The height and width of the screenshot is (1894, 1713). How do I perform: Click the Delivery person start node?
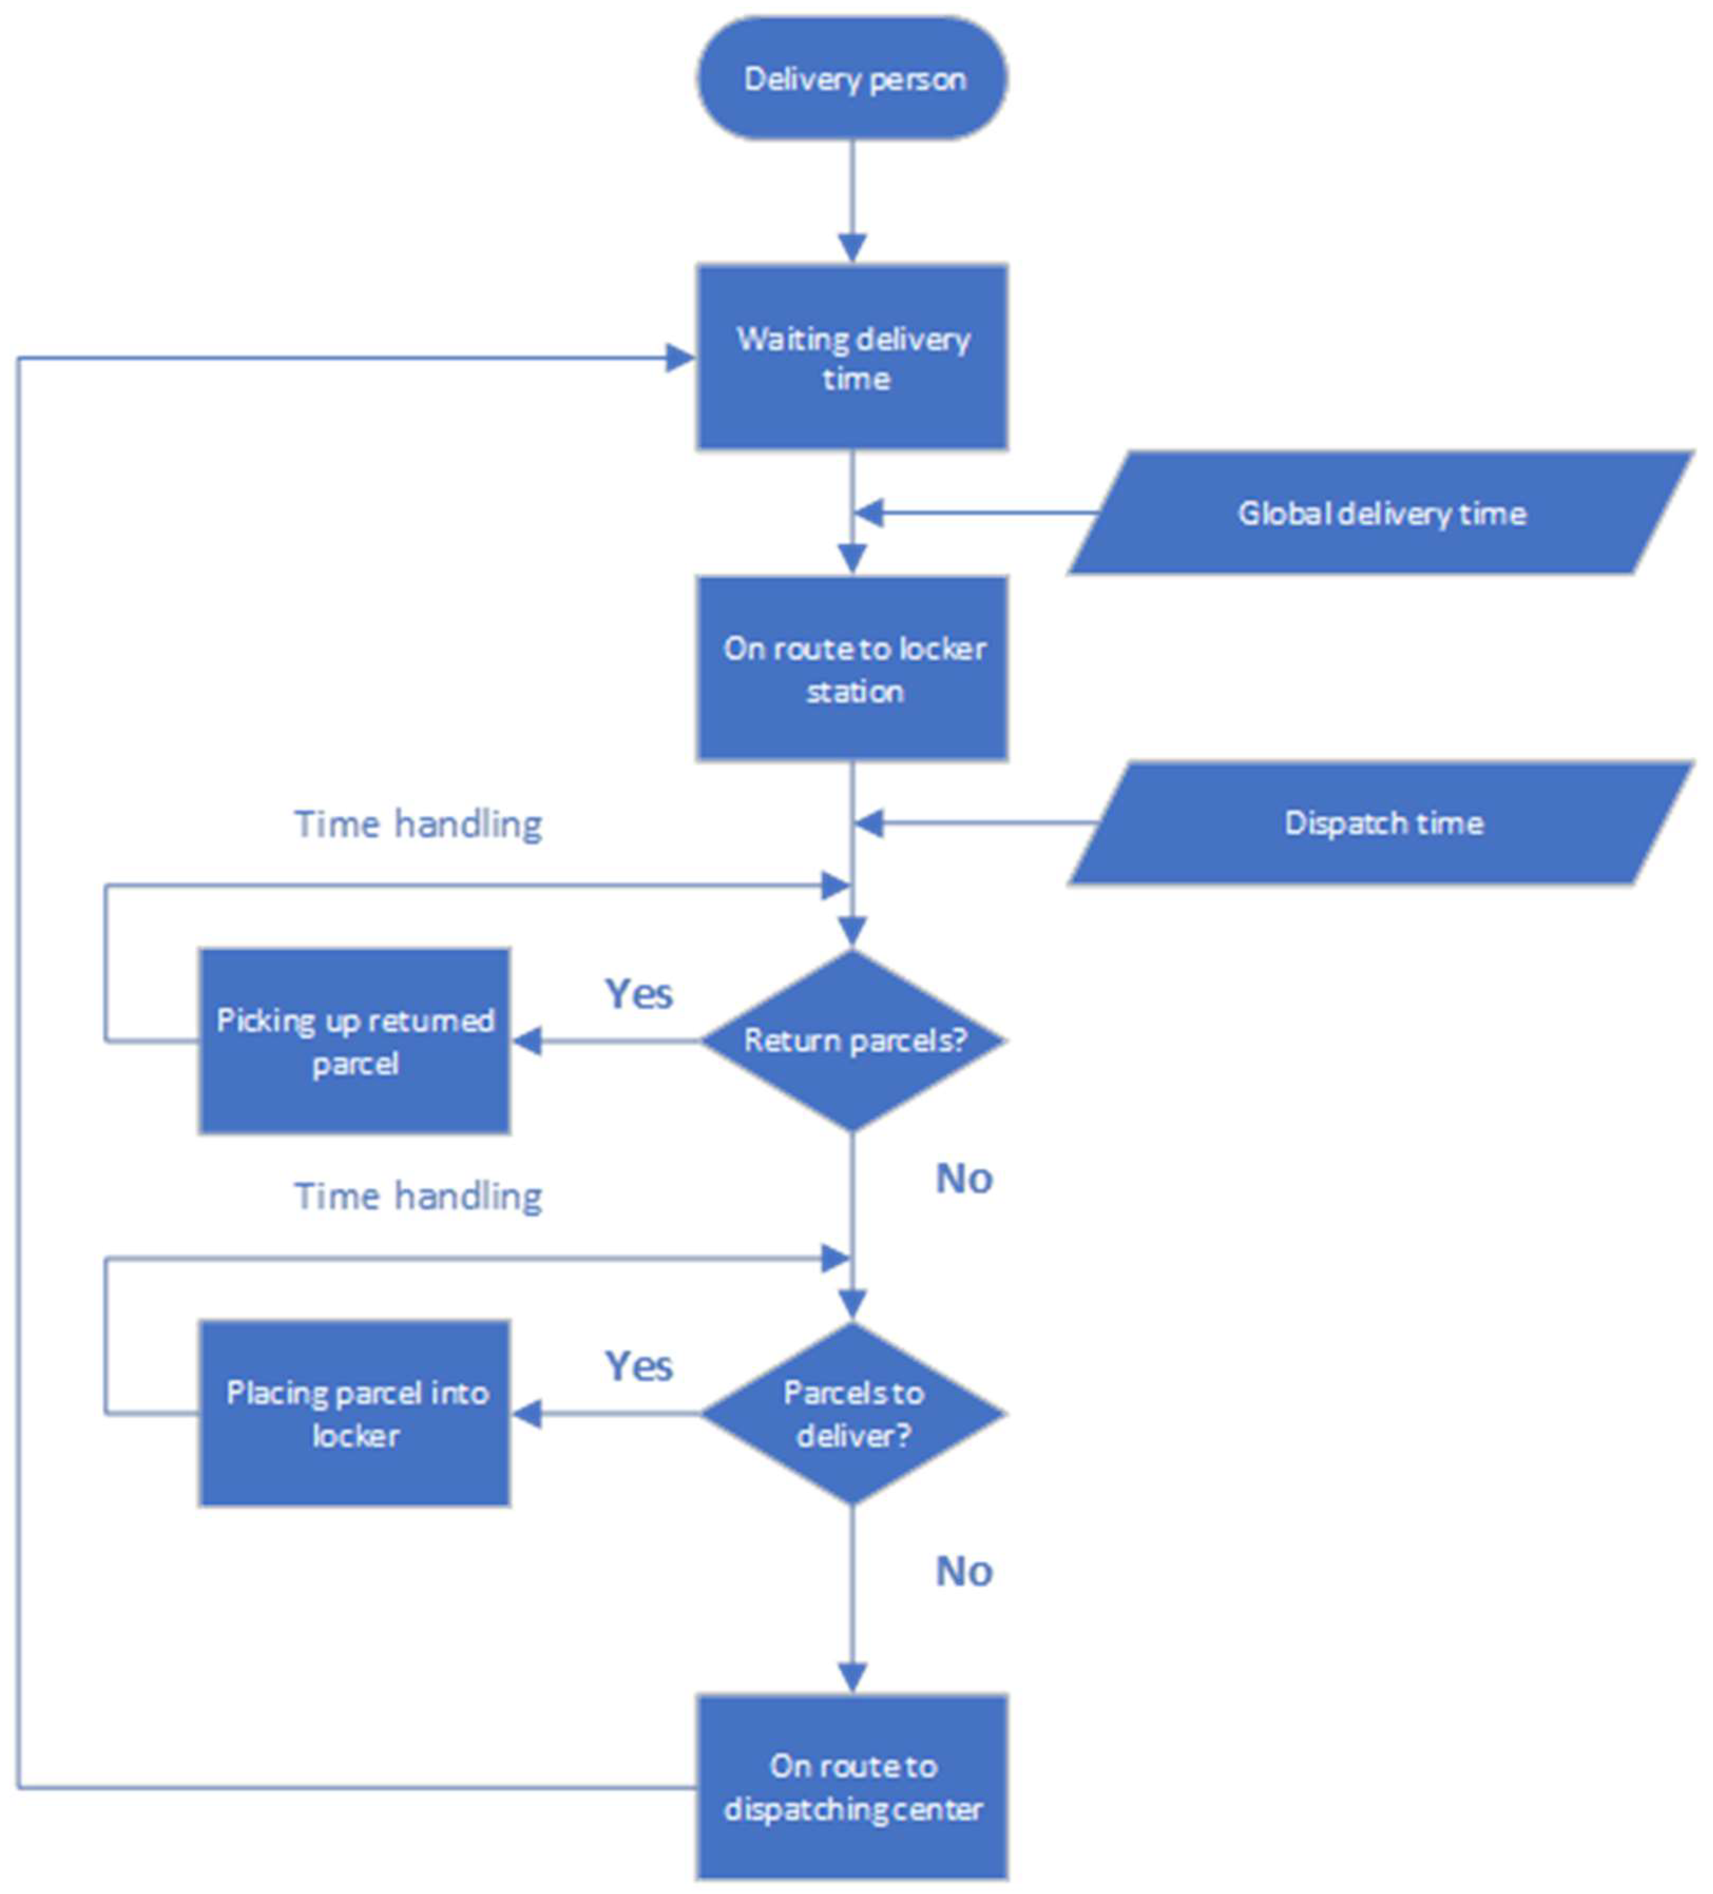(x=851, y=78)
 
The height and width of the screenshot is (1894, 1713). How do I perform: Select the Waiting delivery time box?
(x=851, y=357)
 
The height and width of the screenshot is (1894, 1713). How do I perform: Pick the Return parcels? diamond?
(x=851, y=1040)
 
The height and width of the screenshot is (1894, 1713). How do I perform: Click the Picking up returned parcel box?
(x=354, y=1041)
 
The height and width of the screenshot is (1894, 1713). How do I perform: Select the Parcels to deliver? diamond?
(x=851, y=1413)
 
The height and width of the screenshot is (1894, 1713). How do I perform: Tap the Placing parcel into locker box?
(x=354, y=1413)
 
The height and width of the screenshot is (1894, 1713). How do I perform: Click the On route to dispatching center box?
(x=851, y=1786)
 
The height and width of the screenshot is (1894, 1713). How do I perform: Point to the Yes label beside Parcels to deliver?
(x=638, y=1366)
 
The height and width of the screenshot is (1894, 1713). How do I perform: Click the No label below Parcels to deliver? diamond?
(x=963, y=1572)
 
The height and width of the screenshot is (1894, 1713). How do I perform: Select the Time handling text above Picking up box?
(x=418, y=824)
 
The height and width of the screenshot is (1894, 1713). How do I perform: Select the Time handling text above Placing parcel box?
(x=418, y=1196)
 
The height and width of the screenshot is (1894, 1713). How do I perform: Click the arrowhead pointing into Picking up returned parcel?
(x=527, y=1041)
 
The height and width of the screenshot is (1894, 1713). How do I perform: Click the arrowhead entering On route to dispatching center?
(x=851, y=1678)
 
